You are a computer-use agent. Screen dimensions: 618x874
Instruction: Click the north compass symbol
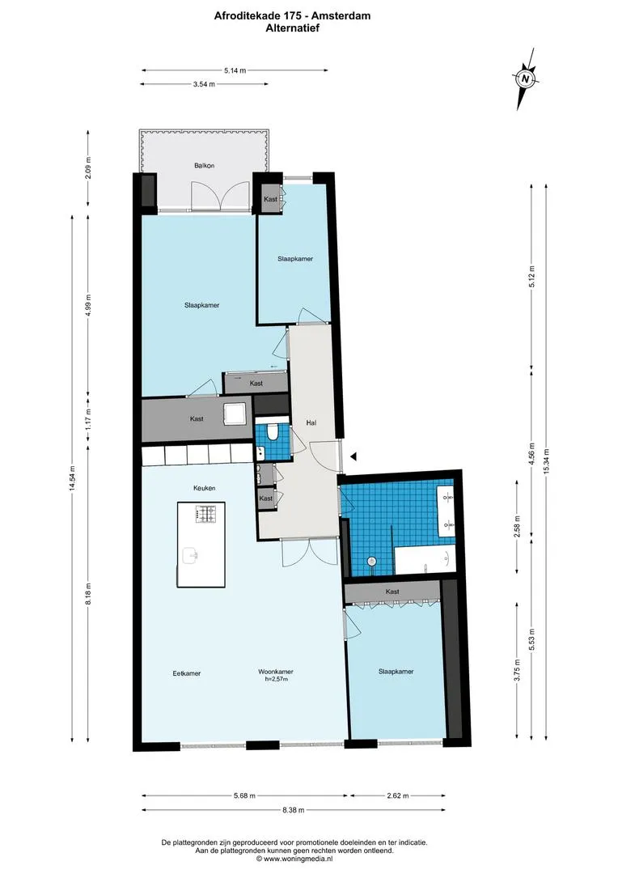pos(526,78)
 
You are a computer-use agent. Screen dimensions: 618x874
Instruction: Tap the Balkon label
pos(205,166)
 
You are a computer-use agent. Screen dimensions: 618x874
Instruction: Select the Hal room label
pos(311,423)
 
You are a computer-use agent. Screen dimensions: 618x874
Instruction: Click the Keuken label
pos(205,488)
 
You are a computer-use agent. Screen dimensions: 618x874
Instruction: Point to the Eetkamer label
pos(187,673)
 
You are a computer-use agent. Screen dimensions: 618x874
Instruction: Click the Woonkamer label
pos(275,672)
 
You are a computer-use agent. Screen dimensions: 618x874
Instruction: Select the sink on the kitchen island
pos(191,555)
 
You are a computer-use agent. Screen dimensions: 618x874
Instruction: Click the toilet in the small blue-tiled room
pos(273,432)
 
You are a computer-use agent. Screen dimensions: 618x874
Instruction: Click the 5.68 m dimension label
pos(244,796)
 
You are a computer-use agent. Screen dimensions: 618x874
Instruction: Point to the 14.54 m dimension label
pos(73,478)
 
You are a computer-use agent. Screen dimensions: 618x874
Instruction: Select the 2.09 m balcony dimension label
pos(88,168)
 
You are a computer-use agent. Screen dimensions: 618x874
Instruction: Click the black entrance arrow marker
pos(353,456)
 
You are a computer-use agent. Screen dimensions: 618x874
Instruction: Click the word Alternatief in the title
pos(293,28)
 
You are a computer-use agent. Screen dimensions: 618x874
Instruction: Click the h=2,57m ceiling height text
pos(276,680)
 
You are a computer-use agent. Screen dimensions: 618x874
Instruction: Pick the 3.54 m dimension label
pos(204,84)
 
